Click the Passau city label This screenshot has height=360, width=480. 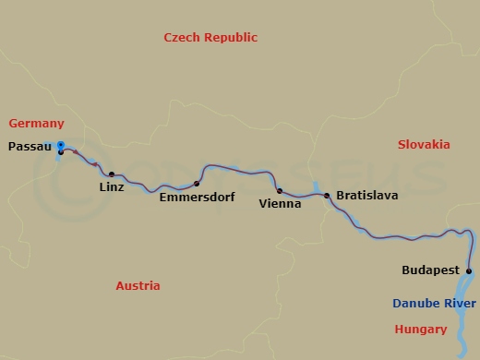point(28,146)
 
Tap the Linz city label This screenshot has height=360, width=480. point(112,187)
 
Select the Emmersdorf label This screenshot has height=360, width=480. point(197,198)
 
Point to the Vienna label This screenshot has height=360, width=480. point(281,203)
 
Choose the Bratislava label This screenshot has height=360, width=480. point(367,197)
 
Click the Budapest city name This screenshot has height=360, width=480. point(431,271)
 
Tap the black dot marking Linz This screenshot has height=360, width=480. point(112,174)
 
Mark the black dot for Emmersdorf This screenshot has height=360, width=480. point(197,184)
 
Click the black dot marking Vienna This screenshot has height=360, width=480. point(280,191)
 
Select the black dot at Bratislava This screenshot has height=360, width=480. point(327,196)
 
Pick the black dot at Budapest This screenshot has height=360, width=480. point(469,271)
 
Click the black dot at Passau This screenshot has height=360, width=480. point(61,152)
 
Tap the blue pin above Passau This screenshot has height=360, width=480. point(60,145)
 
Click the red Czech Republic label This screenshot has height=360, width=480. point(210,38)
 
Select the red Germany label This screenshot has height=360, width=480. point(37,124)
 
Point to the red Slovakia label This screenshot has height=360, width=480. point(424,145)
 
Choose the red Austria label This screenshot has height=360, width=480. point(138,286)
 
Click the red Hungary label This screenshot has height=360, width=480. point(420,329)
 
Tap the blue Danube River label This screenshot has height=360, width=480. point(435,304)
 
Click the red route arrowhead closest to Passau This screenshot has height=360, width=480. point(76,152)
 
